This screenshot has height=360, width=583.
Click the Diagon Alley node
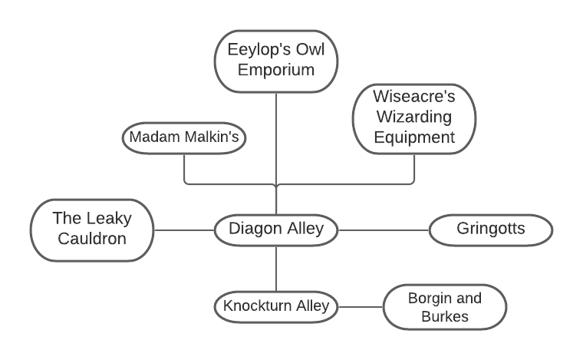(275, 229)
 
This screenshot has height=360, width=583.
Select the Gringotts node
(490, 229)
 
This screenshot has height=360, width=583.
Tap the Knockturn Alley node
(275, 306)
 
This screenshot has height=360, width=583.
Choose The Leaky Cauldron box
(91, 228)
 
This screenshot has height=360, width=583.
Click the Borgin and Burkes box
(445, 306)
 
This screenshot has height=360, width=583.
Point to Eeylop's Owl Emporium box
(275, 60)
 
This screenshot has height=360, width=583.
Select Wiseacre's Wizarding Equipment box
(413, 118)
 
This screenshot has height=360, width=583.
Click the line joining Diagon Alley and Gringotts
(383, 229)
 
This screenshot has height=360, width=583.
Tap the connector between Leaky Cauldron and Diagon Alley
(184, 229)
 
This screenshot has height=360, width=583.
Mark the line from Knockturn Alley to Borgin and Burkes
(361, 306)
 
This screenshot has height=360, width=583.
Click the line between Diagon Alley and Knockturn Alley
(275, 268)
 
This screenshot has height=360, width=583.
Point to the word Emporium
(275, 70)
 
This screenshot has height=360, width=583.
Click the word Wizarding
(413, 118)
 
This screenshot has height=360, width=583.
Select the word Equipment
(413, 138)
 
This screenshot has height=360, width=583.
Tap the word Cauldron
(91, 238)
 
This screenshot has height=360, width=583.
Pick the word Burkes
(445, 316)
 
